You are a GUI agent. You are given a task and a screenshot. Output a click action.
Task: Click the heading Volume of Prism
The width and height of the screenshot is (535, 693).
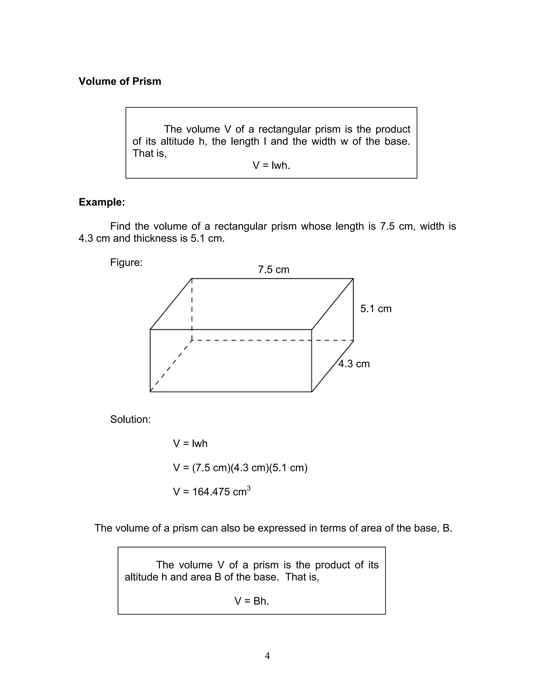pos(120,82)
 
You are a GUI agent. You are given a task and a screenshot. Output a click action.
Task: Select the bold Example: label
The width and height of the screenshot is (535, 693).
pos(102,202)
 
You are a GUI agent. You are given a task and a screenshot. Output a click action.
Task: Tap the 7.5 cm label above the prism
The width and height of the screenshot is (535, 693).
pos(274,270)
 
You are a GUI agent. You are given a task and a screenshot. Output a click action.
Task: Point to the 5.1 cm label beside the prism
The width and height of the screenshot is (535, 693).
pos(376,309)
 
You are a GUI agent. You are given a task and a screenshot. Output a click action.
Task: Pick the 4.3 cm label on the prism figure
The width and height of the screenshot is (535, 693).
pos(354,364)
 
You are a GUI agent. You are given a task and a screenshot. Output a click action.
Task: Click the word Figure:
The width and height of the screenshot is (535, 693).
pos(126,262)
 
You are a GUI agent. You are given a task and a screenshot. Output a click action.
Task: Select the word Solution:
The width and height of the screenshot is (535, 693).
pos(130,419)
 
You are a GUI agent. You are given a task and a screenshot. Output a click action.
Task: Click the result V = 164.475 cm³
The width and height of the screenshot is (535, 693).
pos(212,492)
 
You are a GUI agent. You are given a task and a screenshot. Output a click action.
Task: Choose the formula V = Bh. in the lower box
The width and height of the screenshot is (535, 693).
pos(252,601)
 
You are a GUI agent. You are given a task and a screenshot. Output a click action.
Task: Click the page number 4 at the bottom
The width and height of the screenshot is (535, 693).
pos(267,656)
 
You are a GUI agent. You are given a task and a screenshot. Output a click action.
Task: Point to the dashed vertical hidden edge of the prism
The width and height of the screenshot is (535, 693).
pos(192,309)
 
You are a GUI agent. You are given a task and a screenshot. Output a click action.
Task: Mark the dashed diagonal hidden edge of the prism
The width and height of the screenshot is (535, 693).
pos(171,366)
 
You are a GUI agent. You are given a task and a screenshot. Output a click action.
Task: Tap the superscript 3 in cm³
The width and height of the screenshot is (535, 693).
pos(249,488)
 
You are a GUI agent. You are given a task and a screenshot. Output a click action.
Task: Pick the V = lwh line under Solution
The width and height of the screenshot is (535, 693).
pos(190,443)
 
